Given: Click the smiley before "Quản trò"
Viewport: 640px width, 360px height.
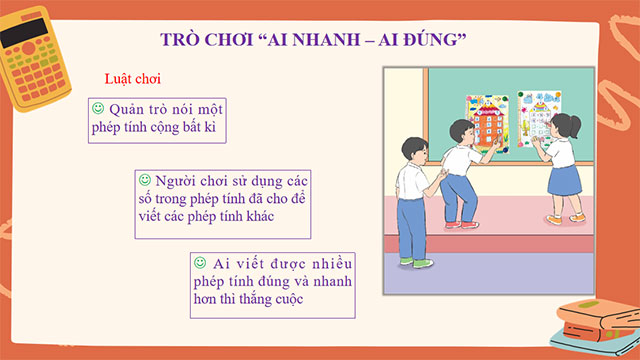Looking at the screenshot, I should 98,107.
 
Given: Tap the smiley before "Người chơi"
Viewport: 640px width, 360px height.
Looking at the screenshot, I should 144,180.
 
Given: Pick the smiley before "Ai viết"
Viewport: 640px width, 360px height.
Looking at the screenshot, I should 200,262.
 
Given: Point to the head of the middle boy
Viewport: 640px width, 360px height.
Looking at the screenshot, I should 461,131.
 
